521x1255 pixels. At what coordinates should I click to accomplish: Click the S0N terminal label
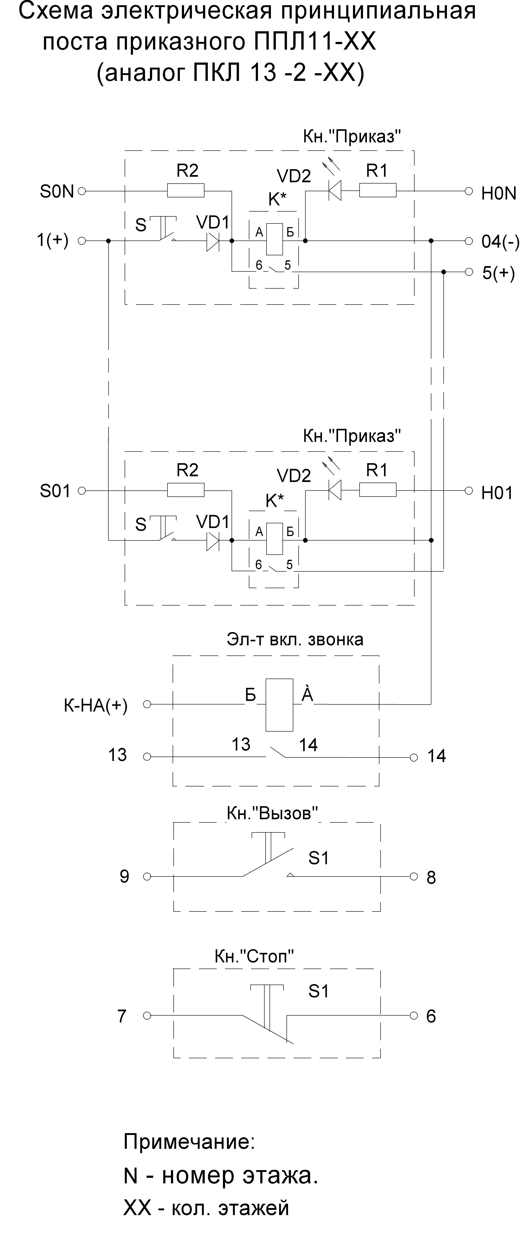coord(57,192)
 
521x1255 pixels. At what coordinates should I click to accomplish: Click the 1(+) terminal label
coord(53,240)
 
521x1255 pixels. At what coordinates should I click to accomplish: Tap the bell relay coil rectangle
coord(279,704)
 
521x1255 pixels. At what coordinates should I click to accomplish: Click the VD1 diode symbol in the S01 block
coord(213,540)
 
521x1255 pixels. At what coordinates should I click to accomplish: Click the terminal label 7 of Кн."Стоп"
coord(122,1016)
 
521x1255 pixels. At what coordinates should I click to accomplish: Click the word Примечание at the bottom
coord(189,1141)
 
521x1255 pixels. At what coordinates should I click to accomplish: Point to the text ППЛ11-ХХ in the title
coord(315,42)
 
